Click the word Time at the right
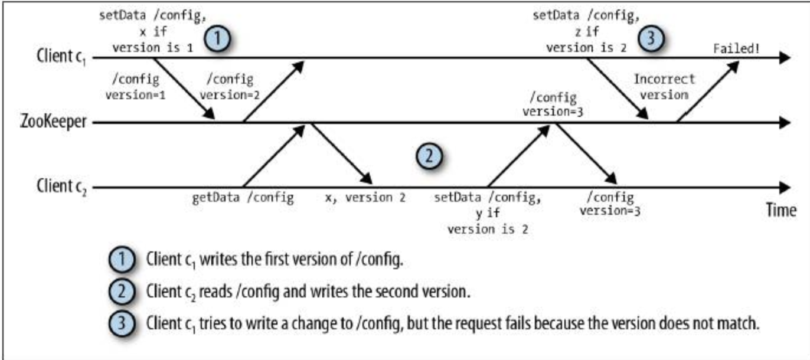tap(781, 210)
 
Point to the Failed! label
tap(736, 48)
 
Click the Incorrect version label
tap(664, 87)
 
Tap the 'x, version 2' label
tap(365, 198)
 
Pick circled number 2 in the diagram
tap(430, 157)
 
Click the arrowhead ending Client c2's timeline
tap(784, 187)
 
